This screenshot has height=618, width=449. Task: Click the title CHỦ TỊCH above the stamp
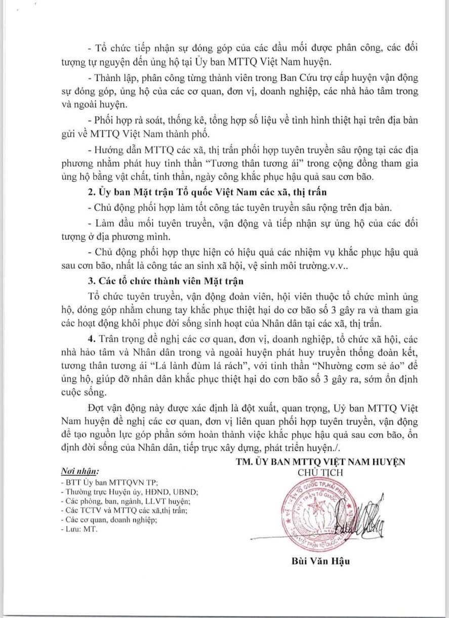[x=320, y=473]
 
